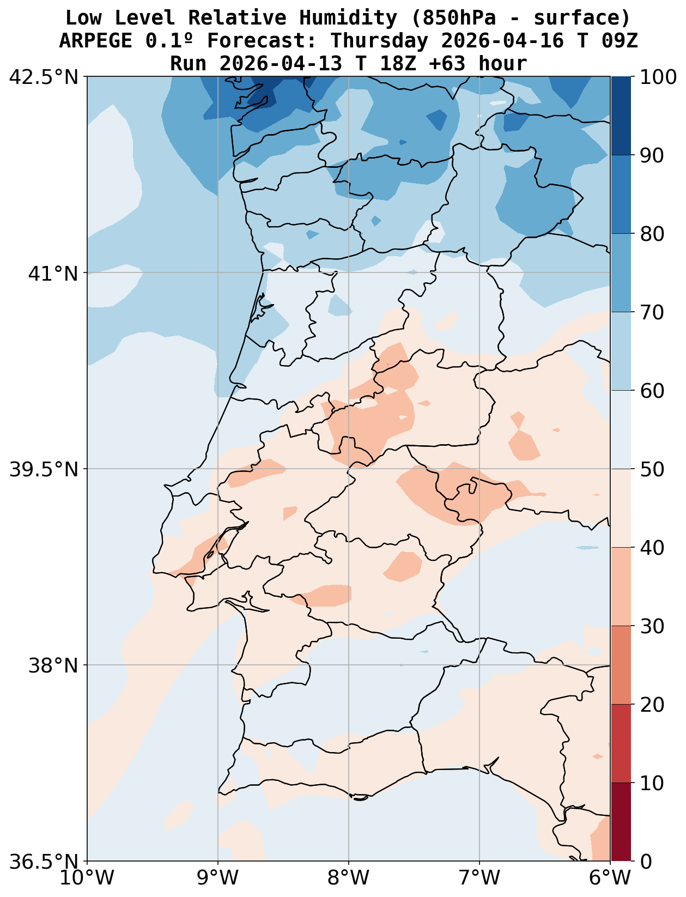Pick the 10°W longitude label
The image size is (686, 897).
click(88, 878)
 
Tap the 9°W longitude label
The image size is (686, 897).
click(218, 878)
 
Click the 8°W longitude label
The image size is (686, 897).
click(349, 878)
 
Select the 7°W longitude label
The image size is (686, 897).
click(479, 878)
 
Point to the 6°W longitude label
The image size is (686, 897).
click(610, 878)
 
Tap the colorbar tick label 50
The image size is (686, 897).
click(651, 469)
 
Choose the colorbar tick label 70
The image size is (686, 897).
click(651, 313)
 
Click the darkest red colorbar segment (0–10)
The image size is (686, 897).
click(621, 822)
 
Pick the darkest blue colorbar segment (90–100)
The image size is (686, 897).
click(621, 116)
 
